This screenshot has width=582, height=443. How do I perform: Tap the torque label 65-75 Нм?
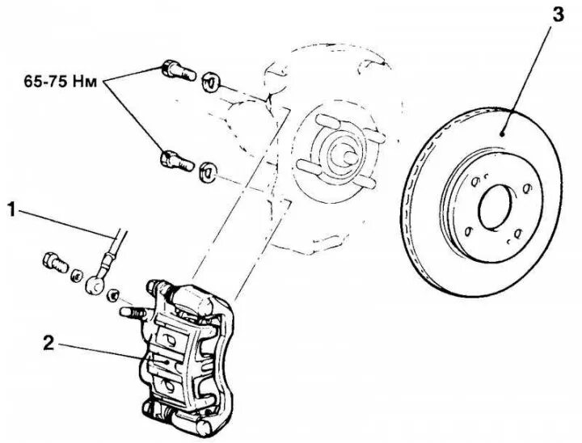(x=70, y=80)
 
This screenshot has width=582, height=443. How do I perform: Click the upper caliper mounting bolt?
(x=177, y=69)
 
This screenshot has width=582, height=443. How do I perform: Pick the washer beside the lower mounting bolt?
(x=207, y=169)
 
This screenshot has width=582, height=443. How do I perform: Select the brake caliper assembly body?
(x=186, y=348)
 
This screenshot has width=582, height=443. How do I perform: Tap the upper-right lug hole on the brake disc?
(x=526, y=190)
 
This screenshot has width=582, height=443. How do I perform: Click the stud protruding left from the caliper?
(x=133, y=310)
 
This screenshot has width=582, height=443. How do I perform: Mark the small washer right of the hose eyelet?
(x=115, y=293)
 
